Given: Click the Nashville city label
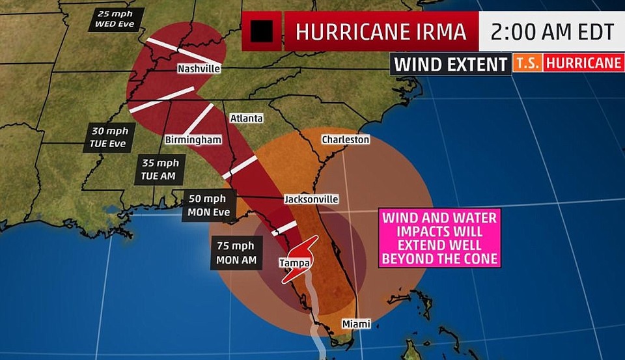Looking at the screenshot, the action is tap(199, 68).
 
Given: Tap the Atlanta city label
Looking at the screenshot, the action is tap(246, 118).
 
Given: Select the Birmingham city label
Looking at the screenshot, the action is tap(193, 140).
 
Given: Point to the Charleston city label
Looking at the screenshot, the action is tap(346, 139).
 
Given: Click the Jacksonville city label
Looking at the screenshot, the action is tap(311, 199).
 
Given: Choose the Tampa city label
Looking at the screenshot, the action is tap(291, 262).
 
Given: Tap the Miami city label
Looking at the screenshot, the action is tap(357, 324).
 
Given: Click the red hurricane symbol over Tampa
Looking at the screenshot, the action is tap(299, 258).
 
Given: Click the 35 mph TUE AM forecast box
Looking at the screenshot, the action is tap(160, 169).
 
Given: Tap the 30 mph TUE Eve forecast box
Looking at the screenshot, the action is tap(109, 137).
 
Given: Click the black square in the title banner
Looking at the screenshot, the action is tap(262, 31).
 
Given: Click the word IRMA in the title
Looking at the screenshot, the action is tap(441, 31).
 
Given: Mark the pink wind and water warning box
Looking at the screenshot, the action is tap(440, 237).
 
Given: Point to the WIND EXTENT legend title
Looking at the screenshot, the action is tap(451, 64).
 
